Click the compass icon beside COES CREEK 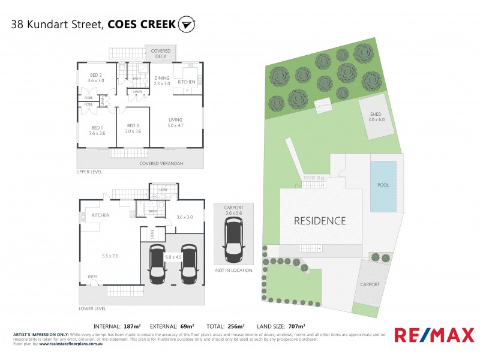click(187, 25)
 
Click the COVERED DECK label click(160, 54)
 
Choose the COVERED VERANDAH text click(161, 163)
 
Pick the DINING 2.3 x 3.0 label click(162, 81)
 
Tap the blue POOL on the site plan click(383, 185)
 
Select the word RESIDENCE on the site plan click(320, 221)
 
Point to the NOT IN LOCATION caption click(233, 270)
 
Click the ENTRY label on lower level click(93, 277)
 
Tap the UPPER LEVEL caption click(89, 172)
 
